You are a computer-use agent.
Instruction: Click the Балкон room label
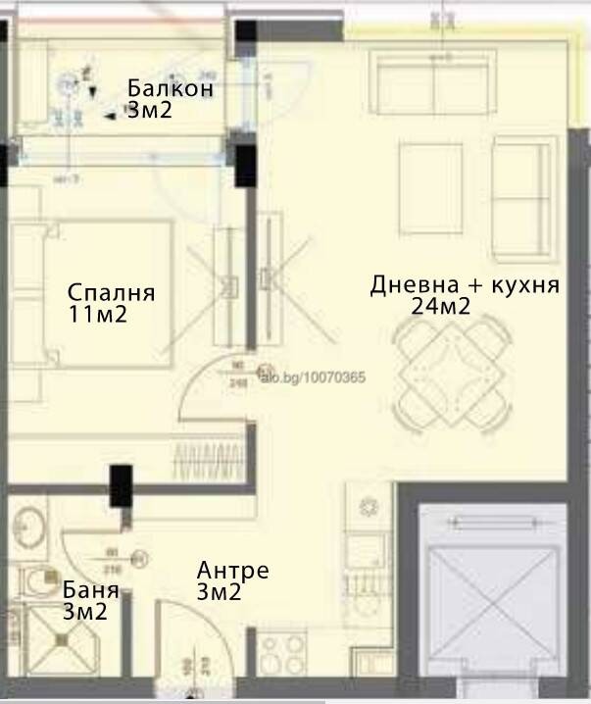pyautogui.click(x=171, y=88)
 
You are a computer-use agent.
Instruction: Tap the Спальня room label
pyautogui.click(x=112, y=292)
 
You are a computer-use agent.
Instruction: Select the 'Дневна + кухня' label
pyautogui.click(x=465, y=285)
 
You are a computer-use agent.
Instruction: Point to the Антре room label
pyautogui.click(x=232, y=571)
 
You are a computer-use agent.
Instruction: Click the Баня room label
pyautogui.click(x=91, y=590)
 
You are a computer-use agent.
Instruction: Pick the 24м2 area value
pyautogui.click(x=442, y=307)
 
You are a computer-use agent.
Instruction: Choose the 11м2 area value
pyautogui.click(x=98, y=315)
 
